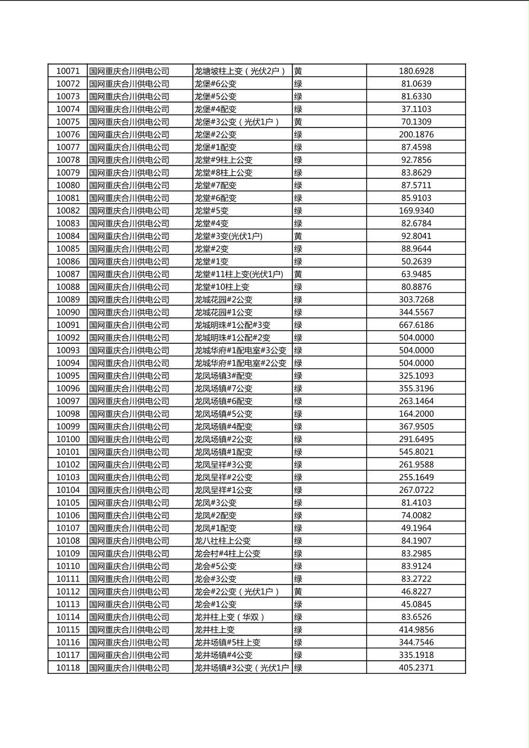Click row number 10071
pos(68,71)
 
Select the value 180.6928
pos(416,71)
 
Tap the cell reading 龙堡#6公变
pos(215,84)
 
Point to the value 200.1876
pos(416,135)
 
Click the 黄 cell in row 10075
pos(298,122)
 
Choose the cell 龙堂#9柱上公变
pos(224,160)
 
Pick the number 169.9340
pos(416,210)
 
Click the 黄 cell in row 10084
pos(298,236)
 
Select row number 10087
pos(68,274)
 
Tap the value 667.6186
pos(416,325)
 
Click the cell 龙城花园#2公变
pos(224,300)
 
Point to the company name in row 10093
pos(129,350)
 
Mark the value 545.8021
pos(416,452)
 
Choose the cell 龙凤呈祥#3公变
pos(224,465)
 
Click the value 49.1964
pos(416,528)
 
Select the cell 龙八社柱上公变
pos(223,541)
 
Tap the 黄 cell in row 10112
pos(298,592)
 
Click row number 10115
pos(68,629)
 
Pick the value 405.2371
pos(416,668)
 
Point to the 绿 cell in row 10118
pos(298,668)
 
